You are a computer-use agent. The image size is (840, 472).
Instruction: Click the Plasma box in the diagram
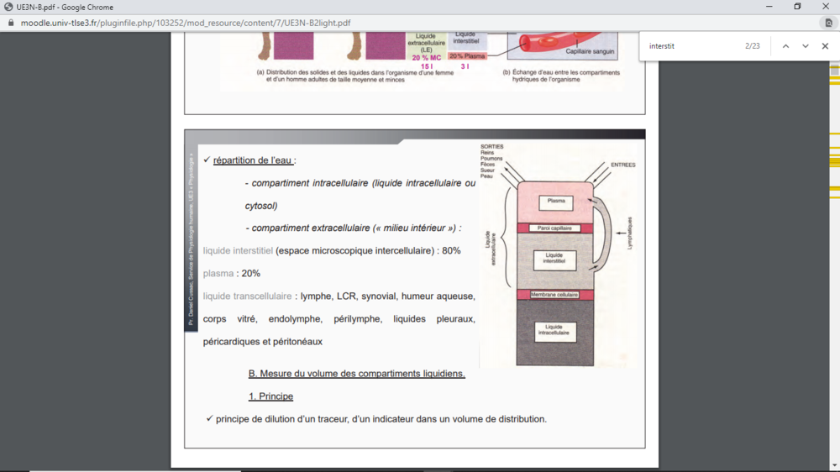[x=555, y=202]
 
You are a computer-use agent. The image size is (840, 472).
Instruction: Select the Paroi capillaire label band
[x=554, y=228]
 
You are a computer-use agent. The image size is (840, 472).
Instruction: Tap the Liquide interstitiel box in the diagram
[x=554, y=259]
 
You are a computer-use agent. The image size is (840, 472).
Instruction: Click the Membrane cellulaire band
[x=554, y=295]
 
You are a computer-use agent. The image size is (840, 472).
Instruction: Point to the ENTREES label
[x=622, y=165]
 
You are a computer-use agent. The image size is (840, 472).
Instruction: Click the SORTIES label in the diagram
[x=492, y=147]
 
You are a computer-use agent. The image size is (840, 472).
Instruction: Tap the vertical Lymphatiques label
[x=629, y=233]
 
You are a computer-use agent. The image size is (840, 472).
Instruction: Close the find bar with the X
[x=825, y=46]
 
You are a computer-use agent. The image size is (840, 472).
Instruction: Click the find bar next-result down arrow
[x=805, y=46]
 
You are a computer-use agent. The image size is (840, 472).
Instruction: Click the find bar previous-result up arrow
[x=785, y=46]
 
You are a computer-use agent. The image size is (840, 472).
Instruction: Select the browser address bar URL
[x=185, y=23]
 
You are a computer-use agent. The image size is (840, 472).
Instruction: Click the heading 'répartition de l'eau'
[x=253, y=160]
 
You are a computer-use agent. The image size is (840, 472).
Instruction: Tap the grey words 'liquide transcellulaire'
[x=247, y=296]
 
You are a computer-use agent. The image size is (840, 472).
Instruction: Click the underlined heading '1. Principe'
[x=270, y=396]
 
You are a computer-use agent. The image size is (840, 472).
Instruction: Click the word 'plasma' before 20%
[x=218, y=274]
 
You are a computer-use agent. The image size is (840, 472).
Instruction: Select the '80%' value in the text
[x=451, y=251]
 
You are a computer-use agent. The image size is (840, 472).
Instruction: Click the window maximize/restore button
[x=797, y=7]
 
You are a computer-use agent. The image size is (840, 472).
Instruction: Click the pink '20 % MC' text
[x=426, y=58]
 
